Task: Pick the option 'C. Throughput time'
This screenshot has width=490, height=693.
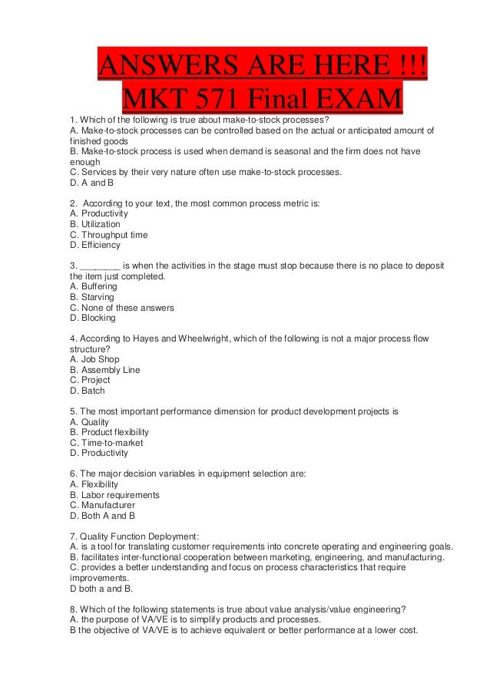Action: (x=108, y=235)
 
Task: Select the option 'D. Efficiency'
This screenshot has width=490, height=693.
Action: (x=95, y=246)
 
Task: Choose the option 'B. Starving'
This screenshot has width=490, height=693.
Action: (x=92, y=297)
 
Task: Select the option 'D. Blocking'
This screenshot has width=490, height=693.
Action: (x=93, y=318)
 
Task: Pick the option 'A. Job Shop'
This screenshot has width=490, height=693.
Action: (x=94, y=359)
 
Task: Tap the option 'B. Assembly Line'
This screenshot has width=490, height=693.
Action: (x=104, y=370)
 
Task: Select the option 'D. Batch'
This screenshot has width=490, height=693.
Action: (x=88, y=391)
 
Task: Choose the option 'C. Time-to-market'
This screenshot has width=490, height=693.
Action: (x=106, y=443)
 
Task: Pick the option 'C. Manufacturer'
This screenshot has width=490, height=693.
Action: (x=102, y=505)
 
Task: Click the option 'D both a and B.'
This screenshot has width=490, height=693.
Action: (x=102, y=589)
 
